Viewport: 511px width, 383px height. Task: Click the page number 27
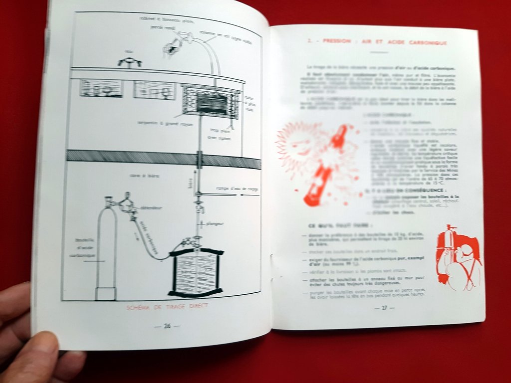click(384, 308)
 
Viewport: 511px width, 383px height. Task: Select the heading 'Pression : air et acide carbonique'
click(377, 43)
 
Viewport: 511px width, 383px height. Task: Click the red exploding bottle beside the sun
click(329, 165)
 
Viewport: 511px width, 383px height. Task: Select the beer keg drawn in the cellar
click(196, 272)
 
